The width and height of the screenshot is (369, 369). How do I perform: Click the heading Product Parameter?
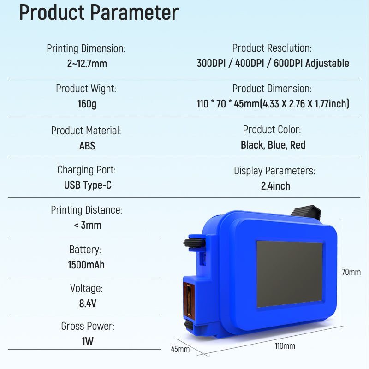point(98,13)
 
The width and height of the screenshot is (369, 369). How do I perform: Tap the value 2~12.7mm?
point(87,64)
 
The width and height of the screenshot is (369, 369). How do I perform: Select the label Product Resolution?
point(272,48)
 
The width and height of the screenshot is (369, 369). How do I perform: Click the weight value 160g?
point(87,104)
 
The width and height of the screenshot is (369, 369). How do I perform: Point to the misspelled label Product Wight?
point(86,89)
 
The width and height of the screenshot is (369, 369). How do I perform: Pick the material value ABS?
point(87,146)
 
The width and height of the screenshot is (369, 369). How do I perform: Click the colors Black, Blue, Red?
point(273,145)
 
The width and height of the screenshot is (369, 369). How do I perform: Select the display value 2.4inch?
point(275,186)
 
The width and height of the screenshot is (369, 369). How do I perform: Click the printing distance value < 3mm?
point(87,226)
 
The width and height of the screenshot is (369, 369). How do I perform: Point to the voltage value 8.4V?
point(87,304)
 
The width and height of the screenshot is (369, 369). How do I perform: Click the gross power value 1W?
point(87,342)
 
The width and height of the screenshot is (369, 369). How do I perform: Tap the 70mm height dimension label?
point(351,272)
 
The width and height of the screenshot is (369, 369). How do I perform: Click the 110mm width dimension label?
point(285,346)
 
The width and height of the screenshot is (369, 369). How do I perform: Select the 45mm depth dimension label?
point(180,349)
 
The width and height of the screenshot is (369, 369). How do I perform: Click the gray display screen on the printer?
point(289,274)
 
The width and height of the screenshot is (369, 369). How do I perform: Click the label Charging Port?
point(86,170)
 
